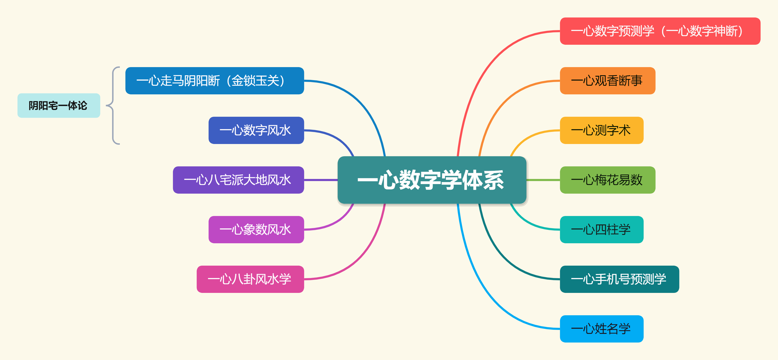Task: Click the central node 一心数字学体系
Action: click(x=432, y=180)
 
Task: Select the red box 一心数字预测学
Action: click(x=660, y=31)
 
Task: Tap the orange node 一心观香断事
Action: click(x=607, y=81)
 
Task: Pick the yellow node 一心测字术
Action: click(x=602, y=130)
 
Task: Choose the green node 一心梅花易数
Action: click(x=607, y=180)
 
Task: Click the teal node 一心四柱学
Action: click(x=602, y=230)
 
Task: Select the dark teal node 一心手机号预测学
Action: click(x=619, y=279)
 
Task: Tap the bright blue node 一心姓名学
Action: click(x=602, y=329)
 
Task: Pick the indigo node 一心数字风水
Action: click(x=256, y=130)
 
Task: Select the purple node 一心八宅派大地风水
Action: click(x=238, y=180)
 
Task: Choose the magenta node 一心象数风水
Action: click(x=256, y=230)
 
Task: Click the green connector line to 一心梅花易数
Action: click(x=543, y=180)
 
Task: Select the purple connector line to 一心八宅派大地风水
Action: click(x=321, y=180)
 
